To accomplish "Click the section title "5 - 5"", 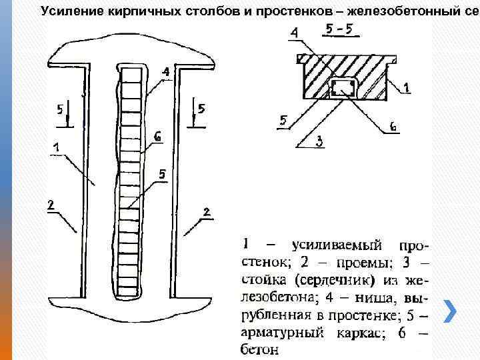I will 339,31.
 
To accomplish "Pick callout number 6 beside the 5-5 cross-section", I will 393,125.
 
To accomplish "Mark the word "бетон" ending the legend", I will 256,348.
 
